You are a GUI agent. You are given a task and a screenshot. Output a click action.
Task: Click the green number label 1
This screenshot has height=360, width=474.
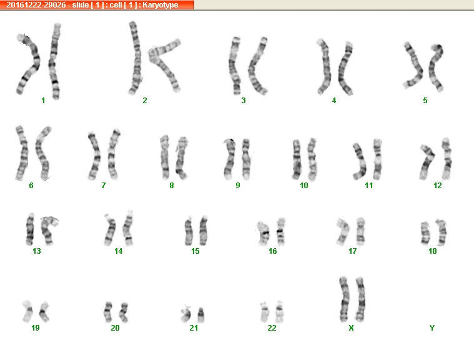tap(43, 101)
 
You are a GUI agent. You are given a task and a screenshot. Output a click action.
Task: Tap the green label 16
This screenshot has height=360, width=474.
tap(273, 251)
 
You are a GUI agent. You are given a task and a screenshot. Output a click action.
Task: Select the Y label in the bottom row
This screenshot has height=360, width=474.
tap(432, 328)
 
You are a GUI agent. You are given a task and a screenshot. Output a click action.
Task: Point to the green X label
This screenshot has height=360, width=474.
tap(351, 328)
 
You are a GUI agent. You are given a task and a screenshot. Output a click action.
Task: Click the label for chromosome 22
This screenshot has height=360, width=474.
tap(272, 328)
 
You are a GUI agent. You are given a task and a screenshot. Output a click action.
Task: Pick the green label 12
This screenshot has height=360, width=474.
tap(437, 186)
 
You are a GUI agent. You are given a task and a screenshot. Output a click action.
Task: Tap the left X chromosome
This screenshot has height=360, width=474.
tap(344, 299)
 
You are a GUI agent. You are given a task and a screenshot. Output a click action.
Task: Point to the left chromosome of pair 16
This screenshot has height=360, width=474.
tap(263, 233)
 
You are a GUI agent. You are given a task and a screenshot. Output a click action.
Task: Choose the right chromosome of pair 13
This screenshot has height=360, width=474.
tap(47, 230)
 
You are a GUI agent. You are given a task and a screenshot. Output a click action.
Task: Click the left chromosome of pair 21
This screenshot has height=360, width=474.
tap(186, 314)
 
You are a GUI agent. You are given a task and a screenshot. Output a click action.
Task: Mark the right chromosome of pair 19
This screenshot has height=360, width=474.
tap(44, 312)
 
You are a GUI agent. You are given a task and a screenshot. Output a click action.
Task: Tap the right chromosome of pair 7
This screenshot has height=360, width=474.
tap(114, 154)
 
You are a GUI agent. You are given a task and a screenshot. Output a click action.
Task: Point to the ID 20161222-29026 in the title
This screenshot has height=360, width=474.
tap(36, 5)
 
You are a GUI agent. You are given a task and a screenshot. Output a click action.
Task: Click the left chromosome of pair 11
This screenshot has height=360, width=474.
tap(360, 161)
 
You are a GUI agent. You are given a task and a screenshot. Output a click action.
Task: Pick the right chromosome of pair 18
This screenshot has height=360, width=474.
tap(442, 232)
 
